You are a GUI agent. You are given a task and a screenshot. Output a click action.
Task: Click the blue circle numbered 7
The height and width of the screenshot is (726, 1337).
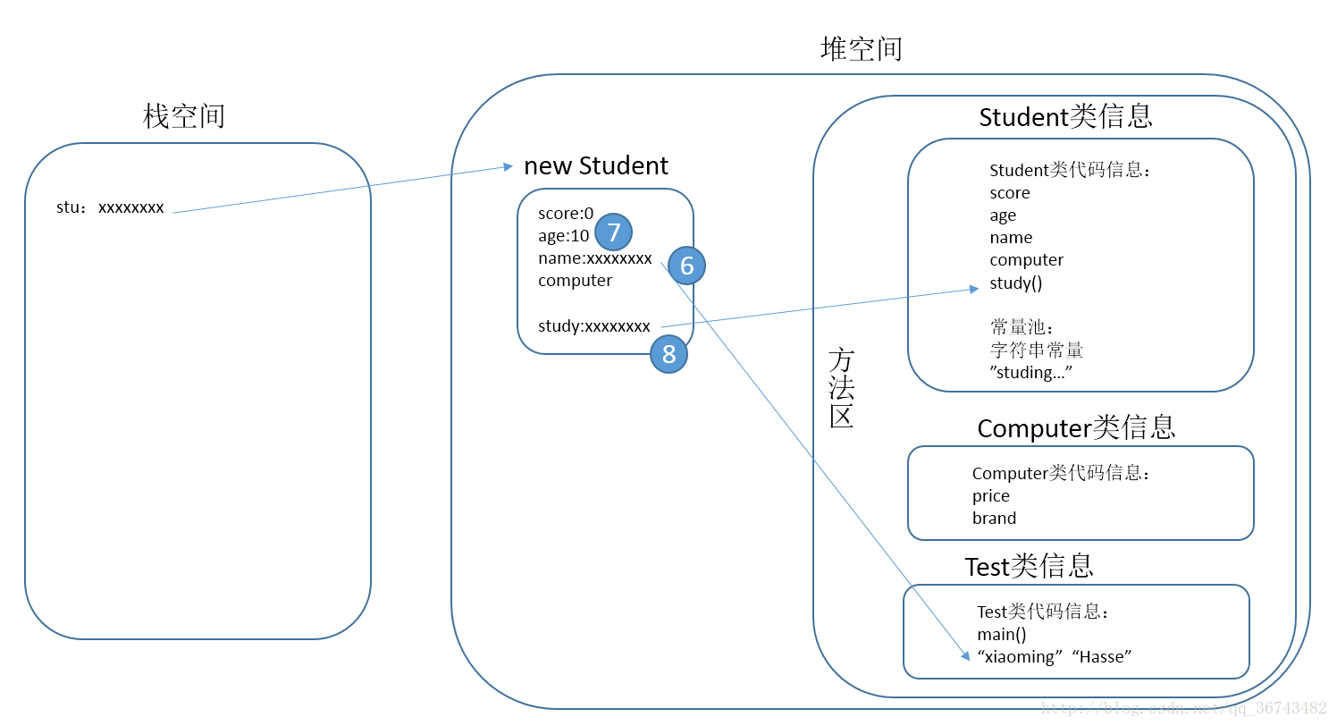click(614, 232)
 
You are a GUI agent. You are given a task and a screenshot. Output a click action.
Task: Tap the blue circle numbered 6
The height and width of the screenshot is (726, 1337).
click(686, 266)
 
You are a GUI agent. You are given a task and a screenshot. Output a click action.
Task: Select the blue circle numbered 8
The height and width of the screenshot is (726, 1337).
click(668, 354)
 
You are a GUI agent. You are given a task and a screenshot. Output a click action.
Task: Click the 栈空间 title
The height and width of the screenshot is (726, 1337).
click(184, 116)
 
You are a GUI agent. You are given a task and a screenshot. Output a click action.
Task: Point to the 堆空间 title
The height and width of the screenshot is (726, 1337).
click(861, 48)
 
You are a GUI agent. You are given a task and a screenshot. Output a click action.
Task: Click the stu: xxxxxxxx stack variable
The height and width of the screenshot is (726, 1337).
click(110, 207)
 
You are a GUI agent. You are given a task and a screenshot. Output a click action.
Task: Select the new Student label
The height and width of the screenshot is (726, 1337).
click(596, 165)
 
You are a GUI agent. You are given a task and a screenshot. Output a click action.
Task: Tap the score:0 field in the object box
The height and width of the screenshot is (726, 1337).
click(566, 213)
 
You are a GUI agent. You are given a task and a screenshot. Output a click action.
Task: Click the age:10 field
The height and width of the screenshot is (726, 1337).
click(563, 236)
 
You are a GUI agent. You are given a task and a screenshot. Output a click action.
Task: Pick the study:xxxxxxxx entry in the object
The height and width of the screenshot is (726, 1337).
click(594, 326)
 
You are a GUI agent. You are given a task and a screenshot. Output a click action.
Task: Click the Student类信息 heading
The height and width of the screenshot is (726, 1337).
click(1065, 116)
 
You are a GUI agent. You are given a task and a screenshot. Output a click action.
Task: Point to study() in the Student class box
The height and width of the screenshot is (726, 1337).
click(1016, 283)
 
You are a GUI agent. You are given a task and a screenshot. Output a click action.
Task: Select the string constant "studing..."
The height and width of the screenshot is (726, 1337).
click(1030, 372)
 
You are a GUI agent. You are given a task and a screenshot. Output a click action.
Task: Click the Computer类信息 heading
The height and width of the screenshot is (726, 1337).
click(1076, 428)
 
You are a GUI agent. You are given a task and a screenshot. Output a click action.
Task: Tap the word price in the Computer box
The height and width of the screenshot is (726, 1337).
click(991, 495)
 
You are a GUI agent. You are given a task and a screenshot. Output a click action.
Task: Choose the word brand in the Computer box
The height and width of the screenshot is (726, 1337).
click(994, 518)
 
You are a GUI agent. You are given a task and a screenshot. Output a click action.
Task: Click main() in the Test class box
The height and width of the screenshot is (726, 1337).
click(1002, 634)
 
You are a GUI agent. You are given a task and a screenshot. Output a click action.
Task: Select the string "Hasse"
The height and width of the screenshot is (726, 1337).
click(1102, 656)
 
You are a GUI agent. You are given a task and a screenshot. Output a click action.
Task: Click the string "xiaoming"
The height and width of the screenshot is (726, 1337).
click(1020, 656)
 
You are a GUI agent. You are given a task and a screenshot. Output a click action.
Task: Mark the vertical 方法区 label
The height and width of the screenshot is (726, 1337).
click(842, 388)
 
